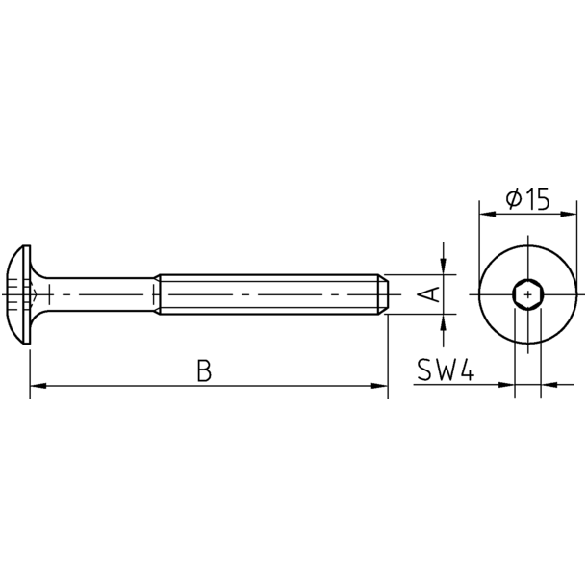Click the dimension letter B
tap(204, 370)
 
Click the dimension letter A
tap(428, 294)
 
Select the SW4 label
tap(446, 370)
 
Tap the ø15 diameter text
tap(527, 198)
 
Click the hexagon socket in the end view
tap(528, 294)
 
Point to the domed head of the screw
tap(18, 294)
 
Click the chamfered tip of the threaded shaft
tap(383, 294)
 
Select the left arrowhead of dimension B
tap(38, 386)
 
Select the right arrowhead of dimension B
tap(379, 386)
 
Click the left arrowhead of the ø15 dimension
tap(488, 214)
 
